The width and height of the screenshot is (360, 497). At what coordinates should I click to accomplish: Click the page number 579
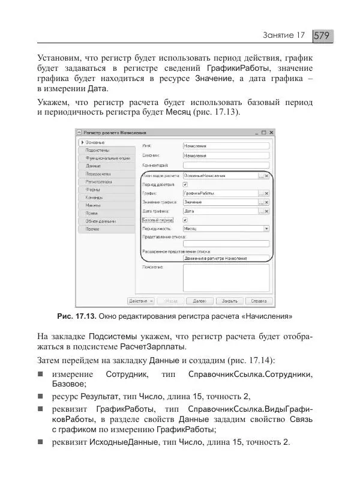pos(322,36)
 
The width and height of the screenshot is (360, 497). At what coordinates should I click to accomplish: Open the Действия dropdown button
pos(142,301)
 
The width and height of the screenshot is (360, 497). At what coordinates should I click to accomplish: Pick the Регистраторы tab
pos(98,181)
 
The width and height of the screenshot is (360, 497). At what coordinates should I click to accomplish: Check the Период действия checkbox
pos(185,185)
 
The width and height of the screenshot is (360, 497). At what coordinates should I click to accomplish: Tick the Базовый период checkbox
pos(185,220)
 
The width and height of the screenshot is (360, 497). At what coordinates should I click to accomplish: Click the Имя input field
pos(225,145)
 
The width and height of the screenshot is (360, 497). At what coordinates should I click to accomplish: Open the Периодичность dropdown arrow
pos(266,229)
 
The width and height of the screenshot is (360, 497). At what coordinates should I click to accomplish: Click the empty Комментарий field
pos(225,164)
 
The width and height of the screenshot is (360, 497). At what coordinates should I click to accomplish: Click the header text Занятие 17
pos(284,36)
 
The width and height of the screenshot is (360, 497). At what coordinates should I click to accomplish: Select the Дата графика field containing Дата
pos(220,211)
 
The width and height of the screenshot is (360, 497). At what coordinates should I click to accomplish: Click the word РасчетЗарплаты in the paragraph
pos(152,347)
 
